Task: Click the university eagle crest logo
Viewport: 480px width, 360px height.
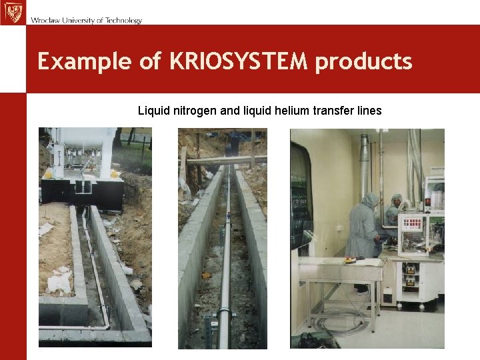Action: (12, 12)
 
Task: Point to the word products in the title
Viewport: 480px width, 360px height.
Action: (364, 61)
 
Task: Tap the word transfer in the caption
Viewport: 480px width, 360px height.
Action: (333, 110)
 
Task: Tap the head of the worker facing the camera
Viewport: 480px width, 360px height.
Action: (397, 199)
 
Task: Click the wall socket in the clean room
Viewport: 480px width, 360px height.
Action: (341, 229)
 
